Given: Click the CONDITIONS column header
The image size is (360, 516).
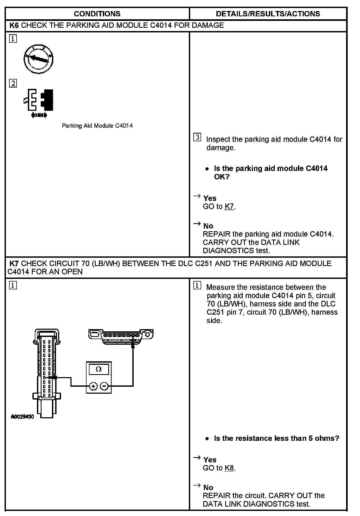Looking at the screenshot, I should click(97, 14).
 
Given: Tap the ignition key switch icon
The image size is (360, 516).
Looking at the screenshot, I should click(38, 59).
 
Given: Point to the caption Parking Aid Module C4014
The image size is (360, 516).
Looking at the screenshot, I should click(97, 126).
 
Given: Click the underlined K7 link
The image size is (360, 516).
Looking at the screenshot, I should click(229, 207).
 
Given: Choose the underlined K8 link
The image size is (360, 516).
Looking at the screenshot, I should click(229, 468).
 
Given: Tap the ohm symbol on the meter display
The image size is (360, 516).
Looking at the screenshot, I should click(99, 369).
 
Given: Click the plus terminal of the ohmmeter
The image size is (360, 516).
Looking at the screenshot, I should click(93, 386).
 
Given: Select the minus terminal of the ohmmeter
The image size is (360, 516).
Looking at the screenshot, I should click(104, 386).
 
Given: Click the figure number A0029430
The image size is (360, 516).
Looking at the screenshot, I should click(22, 417).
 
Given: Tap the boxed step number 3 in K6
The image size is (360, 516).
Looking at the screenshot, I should click(197, 138).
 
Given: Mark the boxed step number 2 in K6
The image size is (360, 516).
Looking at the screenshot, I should click(13, 84).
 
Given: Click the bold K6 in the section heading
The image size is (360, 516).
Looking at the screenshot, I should click(14, 25).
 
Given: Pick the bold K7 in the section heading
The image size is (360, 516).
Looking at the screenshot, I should click(14, 264).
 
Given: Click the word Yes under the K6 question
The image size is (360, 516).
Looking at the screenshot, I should click(210, 198).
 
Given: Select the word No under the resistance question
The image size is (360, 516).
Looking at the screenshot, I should click(208, 487).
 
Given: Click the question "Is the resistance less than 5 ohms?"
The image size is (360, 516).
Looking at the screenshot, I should click(276, 438).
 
